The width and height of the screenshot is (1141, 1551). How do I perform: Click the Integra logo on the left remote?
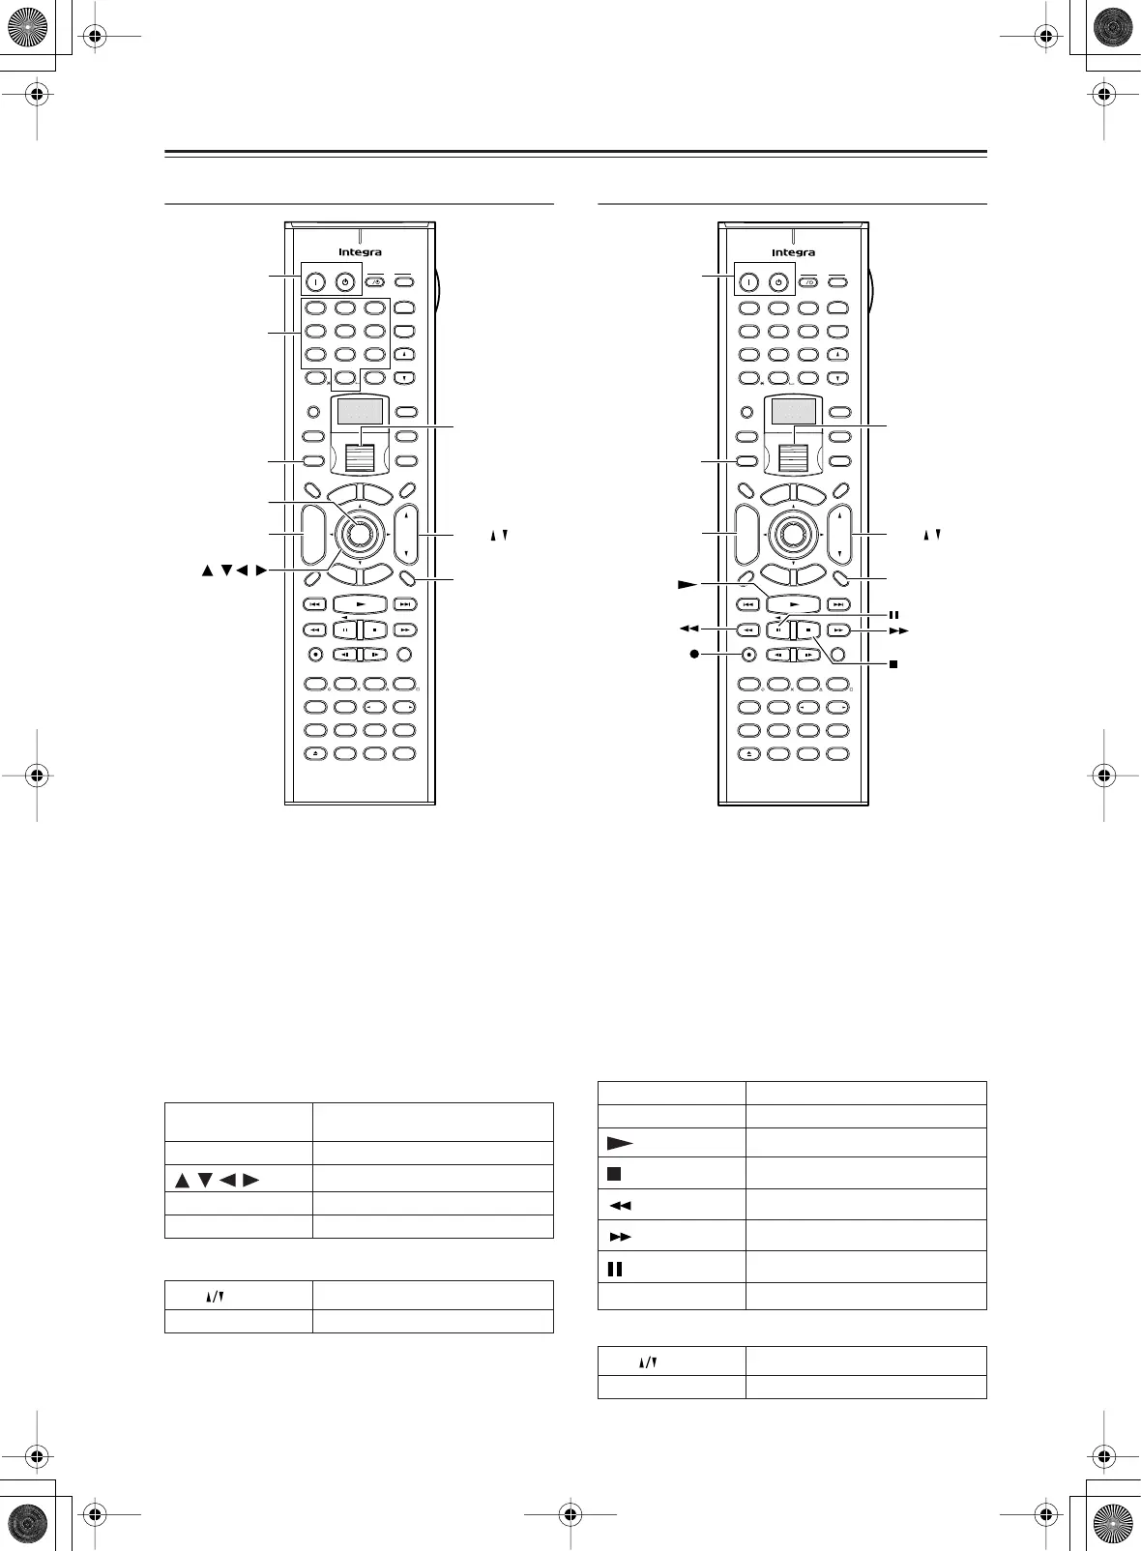(360, 252)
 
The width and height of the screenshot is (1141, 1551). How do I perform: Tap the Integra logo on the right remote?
(793, 252)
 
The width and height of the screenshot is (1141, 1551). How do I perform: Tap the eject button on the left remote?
(315, 753)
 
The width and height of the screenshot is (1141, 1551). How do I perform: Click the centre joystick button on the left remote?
(360, 533)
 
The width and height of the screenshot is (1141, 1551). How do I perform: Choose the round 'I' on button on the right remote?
(748, 283)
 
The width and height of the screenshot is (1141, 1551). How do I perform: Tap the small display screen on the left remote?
(360, 413)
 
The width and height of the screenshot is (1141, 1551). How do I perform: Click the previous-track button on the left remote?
(315, 604)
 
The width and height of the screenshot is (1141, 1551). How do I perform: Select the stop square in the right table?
(613, 1174)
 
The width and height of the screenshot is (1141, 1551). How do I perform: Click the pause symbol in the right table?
(614, 1268)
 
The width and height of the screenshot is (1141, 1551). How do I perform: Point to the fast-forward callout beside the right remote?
(899, 629)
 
